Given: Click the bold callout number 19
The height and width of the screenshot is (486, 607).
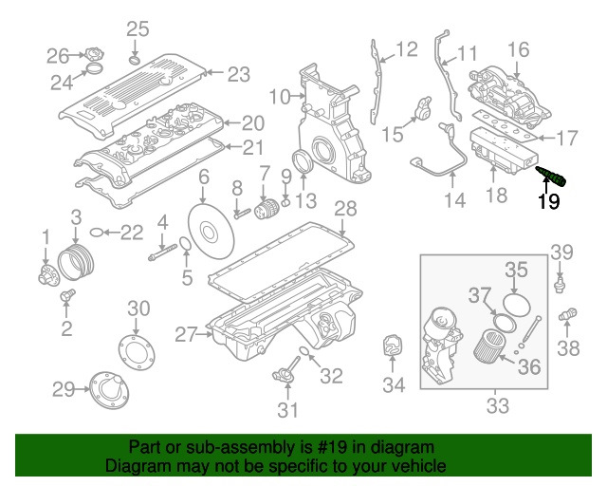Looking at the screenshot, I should coord(549,201).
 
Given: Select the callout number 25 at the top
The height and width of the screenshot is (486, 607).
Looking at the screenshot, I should coord(138,28).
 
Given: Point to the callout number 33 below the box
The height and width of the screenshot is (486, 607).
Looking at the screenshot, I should coord(497,407).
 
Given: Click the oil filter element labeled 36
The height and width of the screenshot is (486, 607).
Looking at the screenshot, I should coord(489,346).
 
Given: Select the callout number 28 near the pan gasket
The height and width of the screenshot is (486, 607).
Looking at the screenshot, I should coord(345,208).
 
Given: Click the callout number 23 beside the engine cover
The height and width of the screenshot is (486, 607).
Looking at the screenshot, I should coord(237,73).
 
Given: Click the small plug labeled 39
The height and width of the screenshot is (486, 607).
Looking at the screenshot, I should coord(561,282).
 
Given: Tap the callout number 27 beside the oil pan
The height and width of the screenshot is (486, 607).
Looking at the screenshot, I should coord(186,333).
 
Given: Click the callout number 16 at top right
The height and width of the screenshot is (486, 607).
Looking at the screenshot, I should coord(518,49).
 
